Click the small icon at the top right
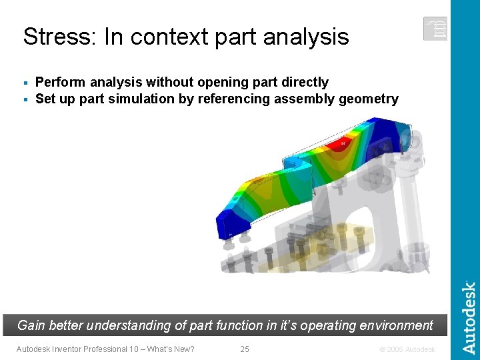435,29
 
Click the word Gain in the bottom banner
32,325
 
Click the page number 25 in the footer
245,349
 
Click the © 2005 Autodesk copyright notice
407,349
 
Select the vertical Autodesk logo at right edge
469,317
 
